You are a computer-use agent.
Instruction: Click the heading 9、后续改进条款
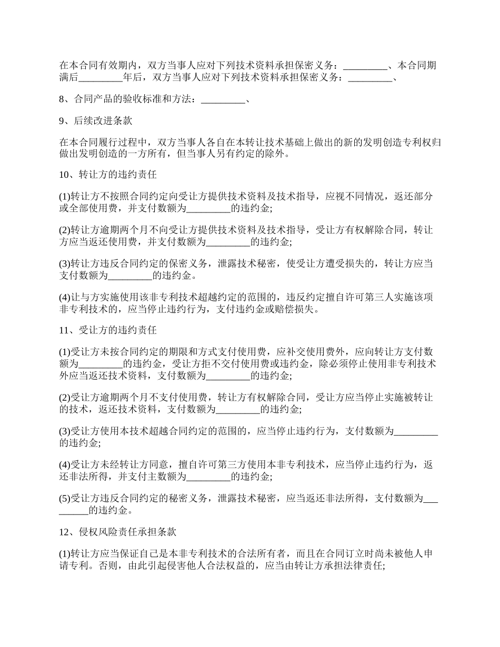(x=95, y=120)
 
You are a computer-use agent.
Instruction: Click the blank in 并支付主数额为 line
(x=209, y=477)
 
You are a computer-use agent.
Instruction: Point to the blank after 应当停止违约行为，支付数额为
(x=416, y=431)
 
